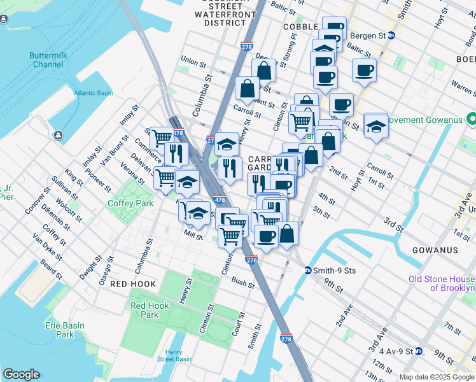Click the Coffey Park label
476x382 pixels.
[x=131, y=204]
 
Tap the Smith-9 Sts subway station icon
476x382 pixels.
[x=307, y=270]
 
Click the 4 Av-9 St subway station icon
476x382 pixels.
[x=419, y=351]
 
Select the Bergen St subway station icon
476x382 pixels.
[x=392, y=36]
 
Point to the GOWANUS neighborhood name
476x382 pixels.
[x=435, y=250]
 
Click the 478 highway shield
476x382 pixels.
[x=219, y=201]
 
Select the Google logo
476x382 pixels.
[x=21, y=374]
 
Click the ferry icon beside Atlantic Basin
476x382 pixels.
[x=58, y=135]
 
